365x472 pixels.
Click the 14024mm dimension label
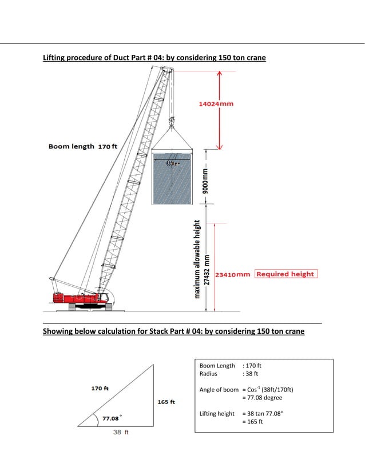click(216, 104)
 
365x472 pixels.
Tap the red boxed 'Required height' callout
click(285, 274)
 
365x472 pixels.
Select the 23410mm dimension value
click(232, 274)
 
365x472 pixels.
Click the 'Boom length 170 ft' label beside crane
click(83, 146)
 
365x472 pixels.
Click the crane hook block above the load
click(170, 121)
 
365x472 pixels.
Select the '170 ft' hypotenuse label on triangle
click(100, 388)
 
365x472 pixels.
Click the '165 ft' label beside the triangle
click(166, 402)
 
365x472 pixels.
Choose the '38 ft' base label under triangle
click(120, 433)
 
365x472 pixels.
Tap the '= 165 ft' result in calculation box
click(252, 422)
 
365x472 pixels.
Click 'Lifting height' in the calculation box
click(217, 413)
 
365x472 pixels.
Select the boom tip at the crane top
click(167, 70)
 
